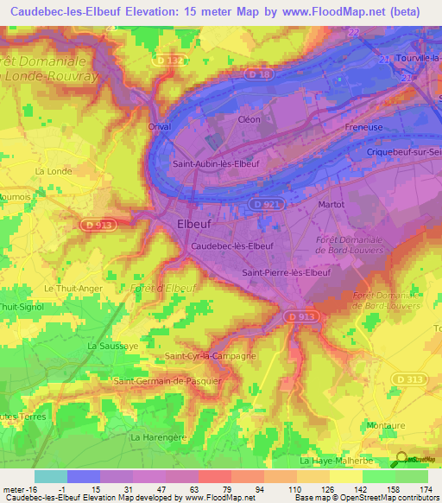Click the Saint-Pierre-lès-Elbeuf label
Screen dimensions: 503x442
(286, 272)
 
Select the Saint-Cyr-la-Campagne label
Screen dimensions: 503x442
(210, 356)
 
